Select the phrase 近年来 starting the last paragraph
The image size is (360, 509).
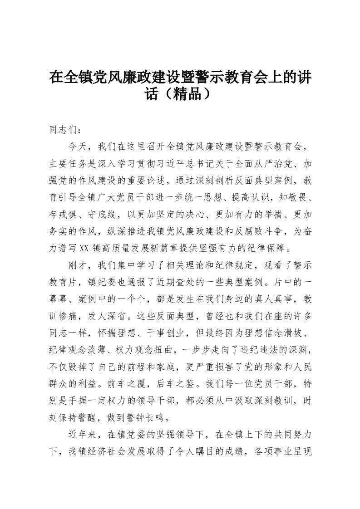[x=83, y=433]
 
